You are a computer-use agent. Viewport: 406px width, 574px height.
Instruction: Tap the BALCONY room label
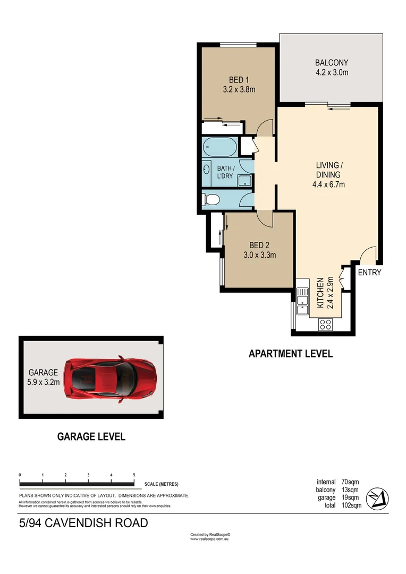(x=331, y=62)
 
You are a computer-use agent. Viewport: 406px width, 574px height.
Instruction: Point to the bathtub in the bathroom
(x=220, y=146)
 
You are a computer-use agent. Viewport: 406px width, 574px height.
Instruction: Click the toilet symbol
(x=211, y=200)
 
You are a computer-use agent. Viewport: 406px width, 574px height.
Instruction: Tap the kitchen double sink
(x=302, y=299)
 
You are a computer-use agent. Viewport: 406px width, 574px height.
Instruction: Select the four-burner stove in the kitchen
(x=325, y=323)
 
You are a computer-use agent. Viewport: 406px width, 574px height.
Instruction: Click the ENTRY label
(x=369, y=273)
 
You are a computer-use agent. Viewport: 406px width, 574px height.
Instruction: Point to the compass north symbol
(x=378, y=497)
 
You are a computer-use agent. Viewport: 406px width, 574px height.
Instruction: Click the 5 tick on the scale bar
(x=134, y=475)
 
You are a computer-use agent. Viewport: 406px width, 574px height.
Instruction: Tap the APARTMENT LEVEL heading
(x=291, y=353)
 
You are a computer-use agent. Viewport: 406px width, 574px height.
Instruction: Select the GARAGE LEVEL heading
(x=91, y=437)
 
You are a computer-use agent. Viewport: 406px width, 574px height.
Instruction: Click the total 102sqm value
(x=351, y=505)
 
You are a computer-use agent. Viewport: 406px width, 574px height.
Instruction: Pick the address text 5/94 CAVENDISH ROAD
(x=83, y=523)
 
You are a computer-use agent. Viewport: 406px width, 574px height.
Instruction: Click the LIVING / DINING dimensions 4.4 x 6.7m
(x=329, y=185)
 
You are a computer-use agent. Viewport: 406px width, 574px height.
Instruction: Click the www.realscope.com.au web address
(x=209, y=539)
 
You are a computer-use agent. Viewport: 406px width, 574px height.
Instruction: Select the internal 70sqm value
(x=350, y=482)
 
